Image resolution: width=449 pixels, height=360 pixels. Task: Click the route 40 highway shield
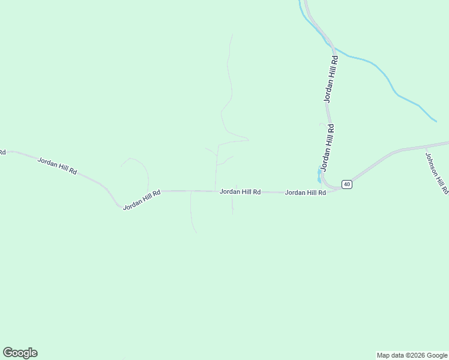(x=347, y=184)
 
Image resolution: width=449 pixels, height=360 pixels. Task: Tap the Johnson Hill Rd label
(x=436, y=173)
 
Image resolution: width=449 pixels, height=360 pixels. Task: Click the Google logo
(x=20, y=353)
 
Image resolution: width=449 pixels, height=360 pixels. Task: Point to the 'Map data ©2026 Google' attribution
(x=412, y=355)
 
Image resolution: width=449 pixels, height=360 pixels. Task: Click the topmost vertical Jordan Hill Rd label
(x=331, y=79)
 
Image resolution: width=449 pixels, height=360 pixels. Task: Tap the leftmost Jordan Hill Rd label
(x=58, y=166)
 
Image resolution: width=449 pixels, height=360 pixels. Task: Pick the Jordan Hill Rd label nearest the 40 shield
(x=305, y=193)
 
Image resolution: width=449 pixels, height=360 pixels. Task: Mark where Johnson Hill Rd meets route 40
(x=424, y=146)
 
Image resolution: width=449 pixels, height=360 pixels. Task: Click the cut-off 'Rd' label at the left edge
(x=2, y=152)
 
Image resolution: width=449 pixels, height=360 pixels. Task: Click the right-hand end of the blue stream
(x=435, y=121)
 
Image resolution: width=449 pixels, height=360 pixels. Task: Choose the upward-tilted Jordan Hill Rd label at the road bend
(x=142, y=200)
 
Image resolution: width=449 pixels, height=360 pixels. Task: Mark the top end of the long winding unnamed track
(x=232, y=34)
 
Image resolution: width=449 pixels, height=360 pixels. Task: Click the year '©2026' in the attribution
(x=414, y=355)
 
